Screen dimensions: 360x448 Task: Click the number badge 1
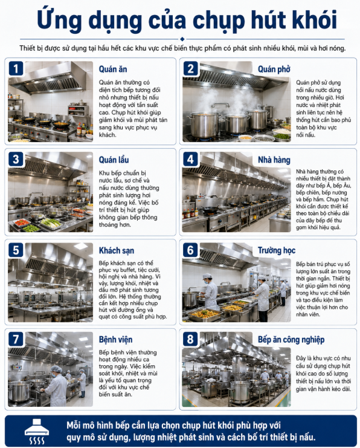tap(16, 68)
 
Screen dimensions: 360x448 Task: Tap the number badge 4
tap(190, 159)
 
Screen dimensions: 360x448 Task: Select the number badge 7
tap(16, 339)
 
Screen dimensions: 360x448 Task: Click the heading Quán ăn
tap(113, 69)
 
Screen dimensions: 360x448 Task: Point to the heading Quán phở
tap(274, 70)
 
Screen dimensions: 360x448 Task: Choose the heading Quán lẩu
tap(114, 160)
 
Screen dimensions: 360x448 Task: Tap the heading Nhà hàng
tap(274, 160)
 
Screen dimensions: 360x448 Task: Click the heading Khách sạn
tap(117, 250)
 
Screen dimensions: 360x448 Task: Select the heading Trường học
tap(277, 250)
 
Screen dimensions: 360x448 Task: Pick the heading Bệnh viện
tap(115, 339)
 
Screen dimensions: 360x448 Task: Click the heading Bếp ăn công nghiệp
tap(291, 340)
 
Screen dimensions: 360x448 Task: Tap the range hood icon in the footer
tap(37, 431)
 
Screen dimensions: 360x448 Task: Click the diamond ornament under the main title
tap(182, 39)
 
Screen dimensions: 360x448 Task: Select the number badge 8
tap(190, 339)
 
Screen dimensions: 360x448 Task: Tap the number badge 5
tap(16, 250)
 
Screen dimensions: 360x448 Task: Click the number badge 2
tap(190, 68)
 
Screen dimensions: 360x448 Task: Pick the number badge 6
tap(190, 250)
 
